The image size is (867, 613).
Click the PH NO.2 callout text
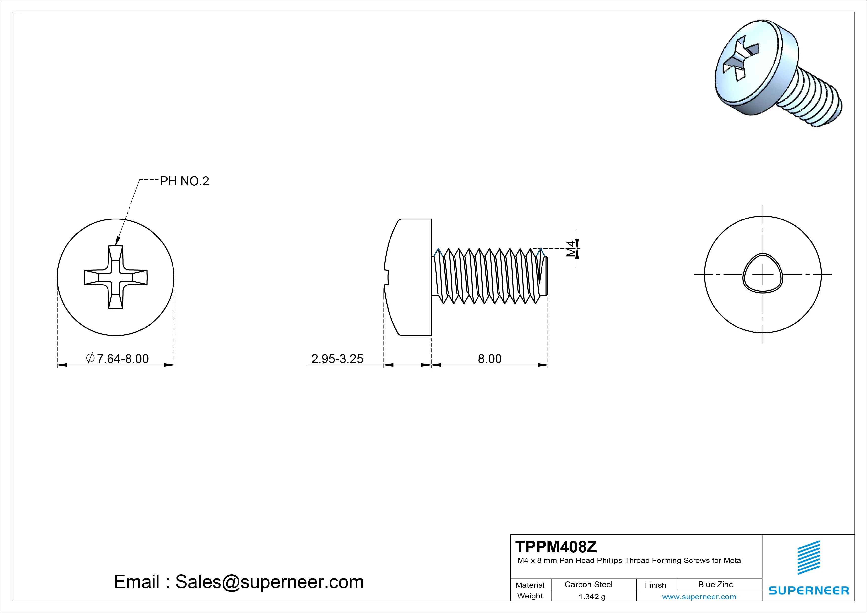[x=184, y=181]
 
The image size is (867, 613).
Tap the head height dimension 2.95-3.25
[x=337, y=358]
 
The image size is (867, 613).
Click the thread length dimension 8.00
[x=490, y=358]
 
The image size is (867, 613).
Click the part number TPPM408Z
[x=556, y=547]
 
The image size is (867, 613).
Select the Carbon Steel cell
[x=588, y=584]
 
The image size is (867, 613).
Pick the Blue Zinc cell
[x=715, y=584]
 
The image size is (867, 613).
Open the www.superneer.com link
[x=699, y=597]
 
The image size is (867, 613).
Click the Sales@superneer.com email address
[x=269, y=582]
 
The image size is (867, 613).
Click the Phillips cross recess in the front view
[x=116, y=277]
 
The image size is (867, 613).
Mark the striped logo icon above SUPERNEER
[x=808, y=557]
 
